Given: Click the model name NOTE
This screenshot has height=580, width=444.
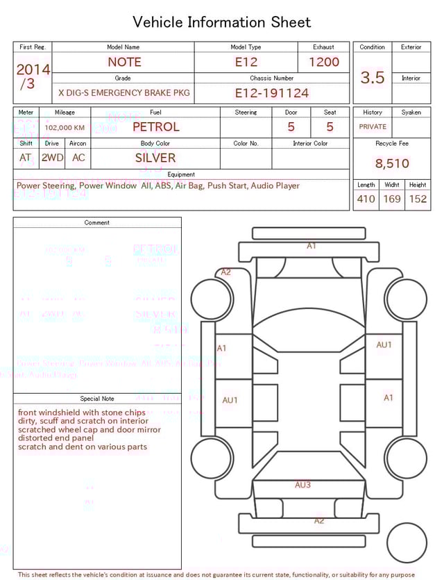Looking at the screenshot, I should pos(124,62).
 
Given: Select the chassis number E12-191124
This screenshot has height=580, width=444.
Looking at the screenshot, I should pos(271,93).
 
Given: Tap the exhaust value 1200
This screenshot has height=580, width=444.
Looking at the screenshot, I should pos(324,62).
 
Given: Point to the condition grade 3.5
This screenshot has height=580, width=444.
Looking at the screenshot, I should pos(373,78).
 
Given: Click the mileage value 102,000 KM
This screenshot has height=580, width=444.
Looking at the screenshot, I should pos(65,128).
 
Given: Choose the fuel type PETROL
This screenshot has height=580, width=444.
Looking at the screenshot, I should pos(155,127).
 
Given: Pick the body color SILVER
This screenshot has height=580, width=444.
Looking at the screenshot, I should pos(155,158).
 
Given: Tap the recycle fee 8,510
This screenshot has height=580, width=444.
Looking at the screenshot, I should pos(392,164).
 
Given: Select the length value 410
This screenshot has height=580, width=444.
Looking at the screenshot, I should pos(366,199).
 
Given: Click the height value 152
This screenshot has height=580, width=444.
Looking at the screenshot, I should pos(418,199).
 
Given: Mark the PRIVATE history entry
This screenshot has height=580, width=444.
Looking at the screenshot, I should pos(373,127).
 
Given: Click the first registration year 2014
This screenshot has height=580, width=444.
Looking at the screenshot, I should pos(33,69).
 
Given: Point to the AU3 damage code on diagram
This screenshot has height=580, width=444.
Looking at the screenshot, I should pos(303,485).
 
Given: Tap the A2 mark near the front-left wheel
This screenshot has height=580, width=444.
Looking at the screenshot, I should pos(225,272).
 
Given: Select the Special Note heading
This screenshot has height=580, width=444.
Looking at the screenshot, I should pos(97,399).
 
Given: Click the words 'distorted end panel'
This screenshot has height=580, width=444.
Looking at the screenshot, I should pos(55,438).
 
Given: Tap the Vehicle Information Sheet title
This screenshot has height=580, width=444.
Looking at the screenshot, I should pos(222,22).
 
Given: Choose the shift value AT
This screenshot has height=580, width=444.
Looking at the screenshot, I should pos(26,158).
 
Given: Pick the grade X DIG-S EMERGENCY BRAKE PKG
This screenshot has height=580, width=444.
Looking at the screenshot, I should pos(123,93).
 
